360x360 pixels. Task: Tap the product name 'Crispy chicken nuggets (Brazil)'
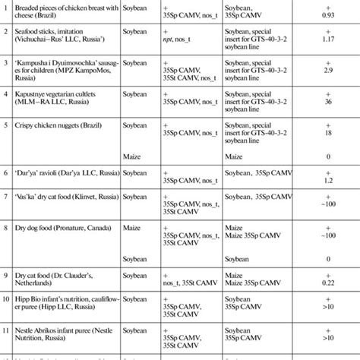(x=62, y=122)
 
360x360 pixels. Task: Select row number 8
(x=7, y=226)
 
